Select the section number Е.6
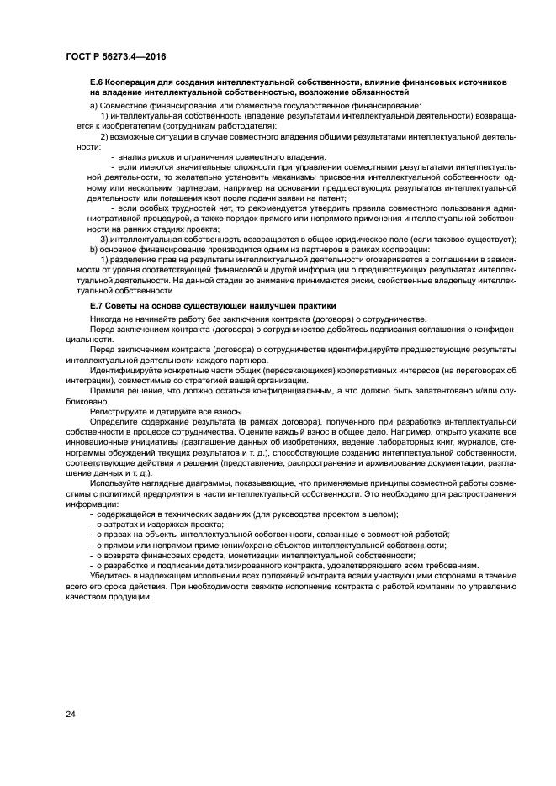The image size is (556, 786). pyautogui.click(x=97, y=82)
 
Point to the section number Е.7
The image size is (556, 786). pyautogui.click(x=97, y=306)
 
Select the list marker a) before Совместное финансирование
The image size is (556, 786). pyautogui.click(x=93, y=104)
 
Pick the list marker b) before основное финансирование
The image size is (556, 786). pyautogui.click(x=93, y=250)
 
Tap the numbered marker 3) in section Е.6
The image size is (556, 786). pyautogui.click(x=104, y=240)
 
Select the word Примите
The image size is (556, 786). pyautogui.click(x=108, y=392)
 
